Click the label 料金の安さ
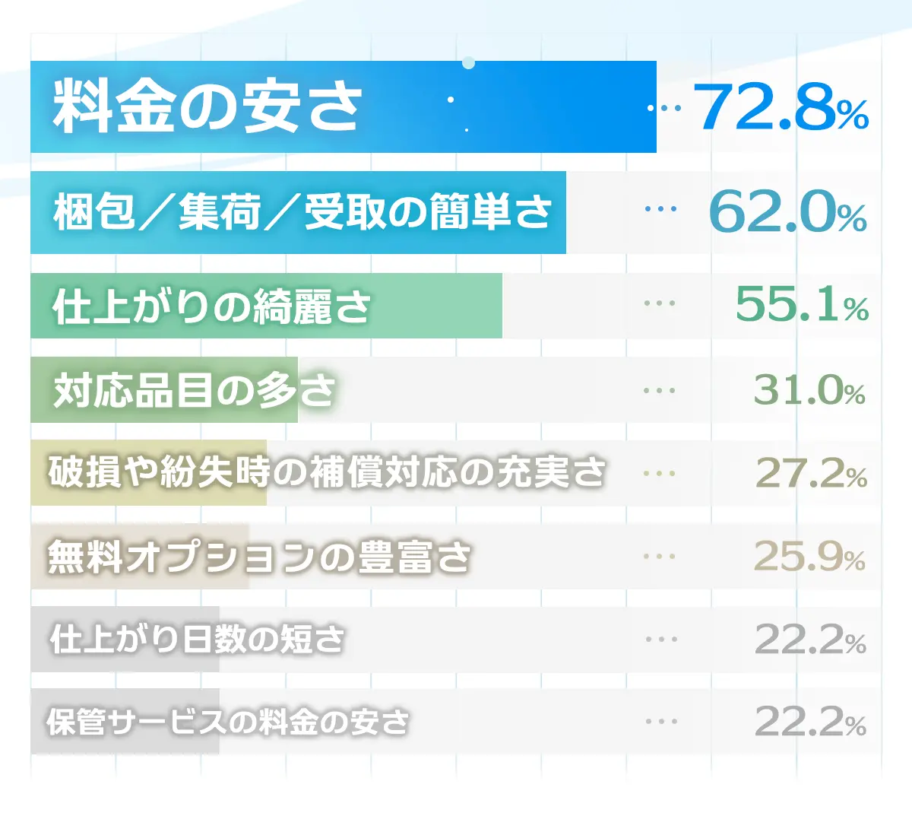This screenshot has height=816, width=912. coord(207,106)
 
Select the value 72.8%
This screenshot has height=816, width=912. coord(780,106)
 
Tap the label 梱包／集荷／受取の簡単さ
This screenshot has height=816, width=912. coord(302,211)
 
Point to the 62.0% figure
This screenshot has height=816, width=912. coord(787,212)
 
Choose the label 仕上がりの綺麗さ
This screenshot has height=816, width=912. coord(211,306)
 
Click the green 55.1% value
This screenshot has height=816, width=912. coord(801,304)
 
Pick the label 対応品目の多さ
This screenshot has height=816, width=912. coord(194,390)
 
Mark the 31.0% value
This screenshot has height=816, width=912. coord(809,390)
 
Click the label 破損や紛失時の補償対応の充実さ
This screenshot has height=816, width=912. coord(327,472)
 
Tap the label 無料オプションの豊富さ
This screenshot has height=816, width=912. coord(259,556)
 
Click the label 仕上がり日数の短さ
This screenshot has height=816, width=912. coord(198,639)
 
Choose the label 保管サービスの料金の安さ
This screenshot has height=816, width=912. coord(227,721)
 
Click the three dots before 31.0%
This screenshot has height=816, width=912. coord(659,391)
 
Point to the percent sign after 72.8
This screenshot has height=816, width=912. coord(853,116)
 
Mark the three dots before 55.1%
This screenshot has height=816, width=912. coord(659,303)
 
